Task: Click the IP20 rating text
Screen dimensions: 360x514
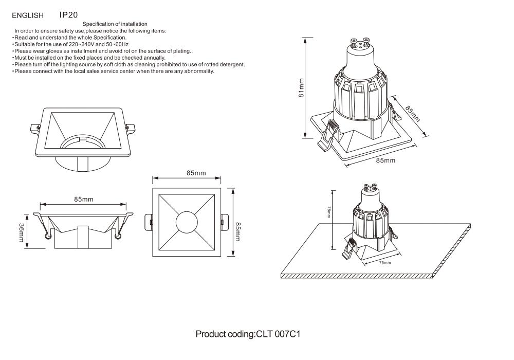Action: click(x=68, y=15)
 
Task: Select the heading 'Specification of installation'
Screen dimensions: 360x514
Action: click(x=115, y=24)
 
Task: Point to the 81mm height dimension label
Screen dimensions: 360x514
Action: click(x=302, y=87)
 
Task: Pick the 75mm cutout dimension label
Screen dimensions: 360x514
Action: click(x=385, y=263)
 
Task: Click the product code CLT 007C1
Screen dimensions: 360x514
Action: click(x=248, y=334)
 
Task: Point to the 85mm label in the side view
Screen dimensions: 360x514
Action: click(x=84, y=199)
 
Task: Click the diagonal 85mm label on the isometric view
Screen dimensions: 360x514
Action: click(x=413, y=114)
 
